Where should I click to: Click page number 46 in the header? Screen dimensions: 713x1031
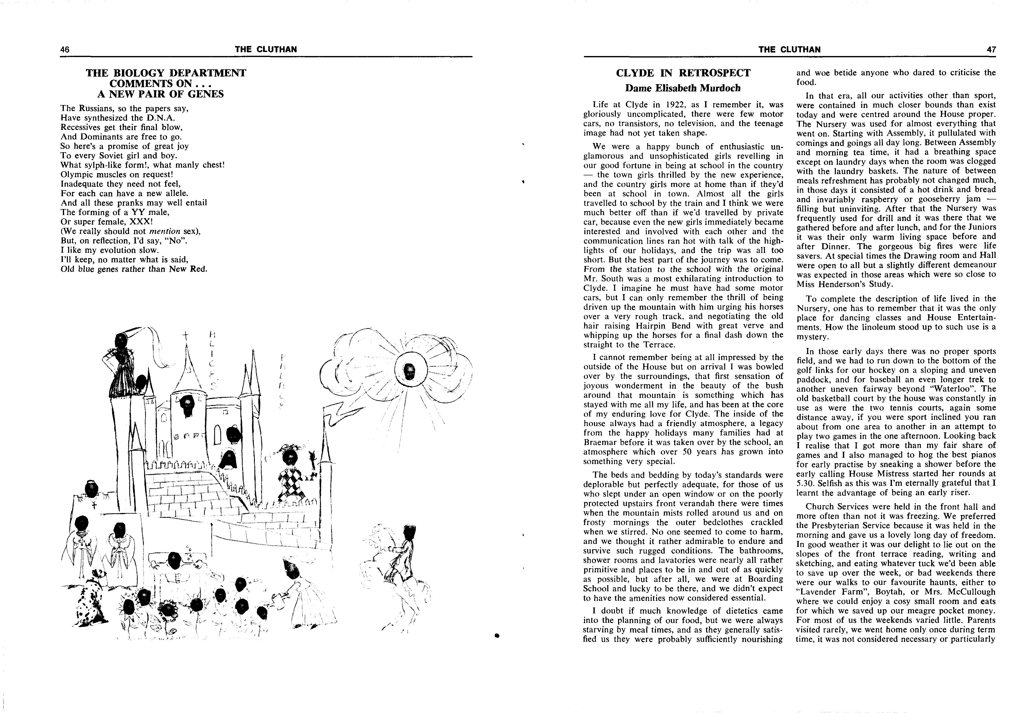(65, 49)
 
